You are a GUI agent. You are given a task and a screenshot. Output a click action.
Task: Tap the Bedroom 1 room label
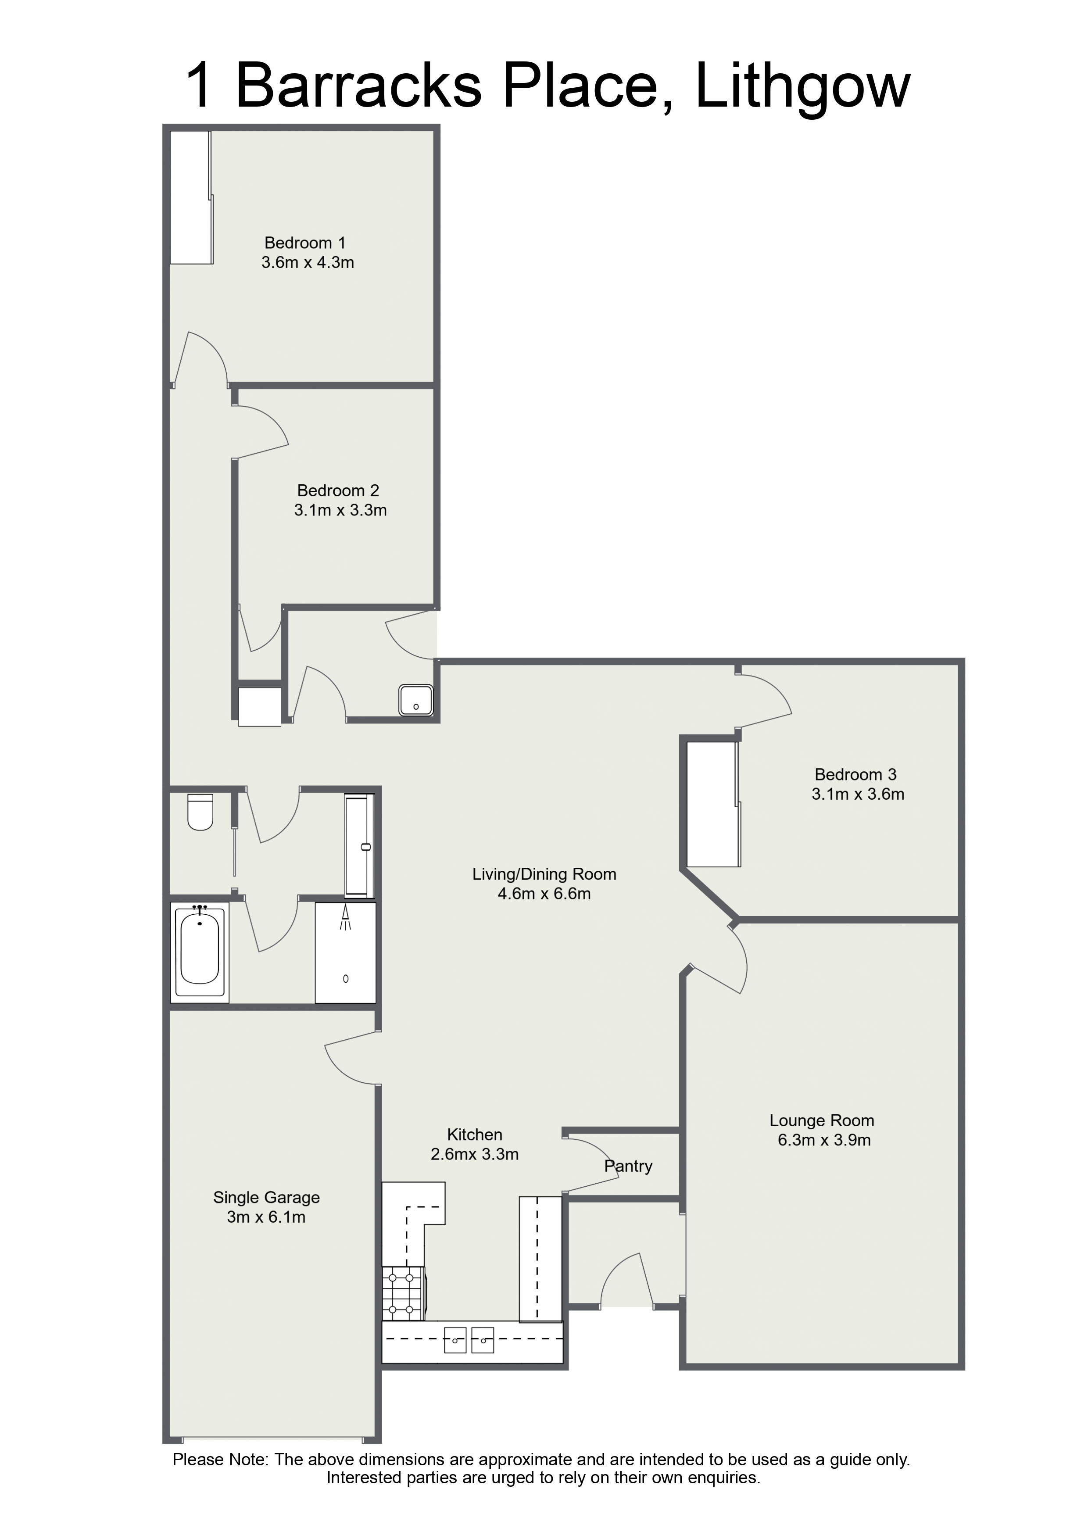[305, 243]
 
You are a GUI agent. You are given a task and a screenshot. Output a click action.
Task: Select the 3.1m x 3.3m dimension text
[340, 510]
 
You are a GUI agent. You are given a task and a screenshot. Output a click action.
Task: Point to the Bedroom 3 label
[855, 774]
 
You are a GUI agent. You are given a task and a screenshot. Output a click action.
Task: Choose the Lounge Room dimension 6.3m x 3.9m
[824, 1140]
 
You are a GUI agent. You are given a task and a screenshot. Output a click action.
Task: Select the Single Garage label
[266, 1198]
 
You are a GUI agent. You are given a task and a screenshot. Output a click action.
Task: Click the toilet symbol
[200, 812]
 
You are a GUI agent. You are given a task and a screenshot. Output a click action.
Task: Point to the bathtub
[200, 951]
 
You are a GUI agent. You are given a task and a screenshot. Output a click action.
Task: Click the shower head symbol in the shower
[345, 917]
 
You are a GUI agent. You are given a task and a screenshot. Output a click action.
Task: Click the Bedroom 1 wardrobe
[191, 197]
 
